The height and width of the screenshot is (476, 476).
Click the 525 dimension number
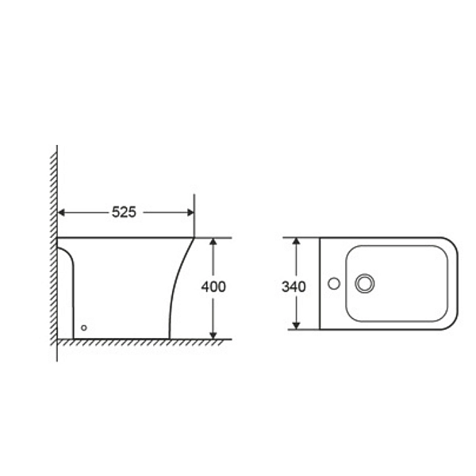pyautogui.click(x=124, y=212)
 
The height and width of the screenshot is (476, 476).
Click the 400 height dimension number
pyautogui.click(x=213, y=286)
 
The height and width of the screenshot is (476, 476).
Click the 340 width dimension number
pyautogui.click(x=295, y=286)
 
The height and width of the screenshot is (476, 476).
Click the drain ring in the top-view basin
pyautogui.click(x=365, y=282)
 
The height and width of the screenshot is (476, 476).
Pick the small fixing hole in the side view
pyautogui.click(x=85, y=327)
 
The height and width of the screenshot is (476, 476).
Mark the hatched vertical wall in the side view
pyautogui.click(x=54, y=254)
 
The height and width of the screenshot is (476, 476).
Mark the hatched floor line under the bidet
pyautogui.click(x=143, y=341)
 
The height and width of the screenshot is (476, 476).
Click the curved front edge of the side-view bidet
pyautogui.click(x=176, y=286)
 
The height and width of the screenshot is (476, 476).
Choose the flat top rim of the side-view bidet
pyautogui.click(x=127, y=237)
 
